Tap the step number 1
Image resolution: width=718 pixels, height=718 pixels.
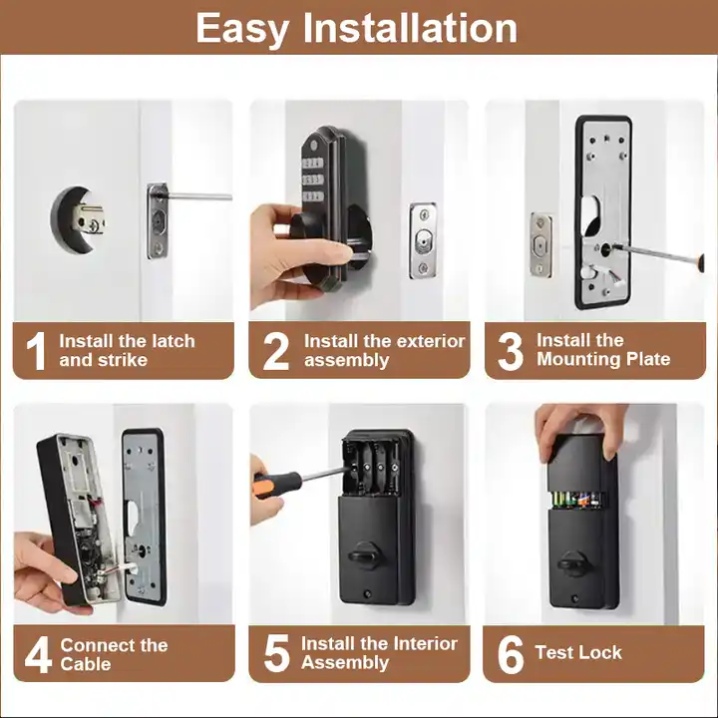pyautogui.click(x=36, y=351)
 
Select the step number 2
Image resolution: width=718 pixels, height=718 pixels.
pyautogui.click(x=275, y=351)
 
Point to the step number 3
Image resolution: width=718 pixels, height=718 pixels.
pyautogui.click(x=510, y=351)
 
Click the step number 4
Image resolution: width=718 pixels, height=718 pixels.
pyautogui.click(x=37, y=655)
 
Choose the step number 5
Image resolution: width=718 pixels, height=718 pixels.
pyautogui.click(x=276, y=654)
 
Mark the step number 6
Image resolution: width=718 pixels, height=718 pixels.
pyautogui.click(x=510, y=654)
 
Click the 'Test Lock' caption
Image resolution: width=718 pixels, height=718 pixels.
pyautogui.click(x=577, y=653)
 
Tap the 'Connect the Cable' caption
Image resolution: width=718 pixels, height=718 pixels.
pyautogui.click(x=114, y=655)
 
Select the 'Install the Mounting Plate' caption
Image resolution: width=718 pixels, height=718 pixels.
pyautogui.click(x=602, y=350)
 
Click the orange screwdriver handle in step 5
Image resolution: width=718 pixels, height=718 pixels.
pyautogui.click(x=273, y=485)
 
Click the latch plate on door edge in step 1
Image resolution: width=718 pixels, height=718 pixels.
pyautogui.click(x=158, y=219)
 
